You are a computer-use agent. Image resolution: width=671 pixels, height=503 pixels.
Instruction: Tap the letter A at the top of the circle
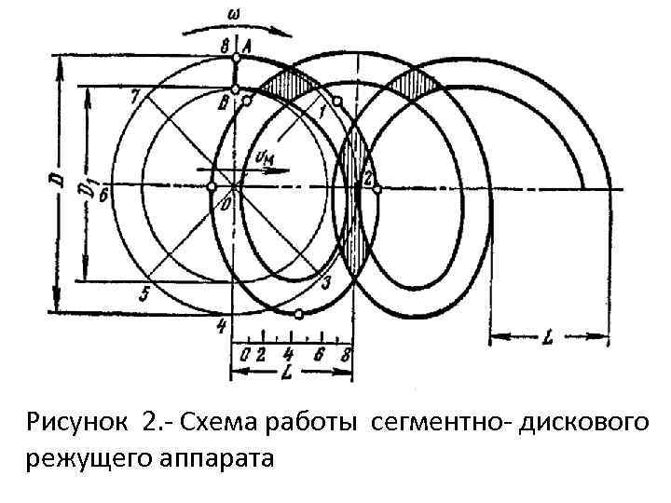coord(247,44)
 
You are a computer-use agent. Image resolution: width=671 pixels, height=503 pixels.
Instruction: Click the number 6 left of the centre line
coord(105,197)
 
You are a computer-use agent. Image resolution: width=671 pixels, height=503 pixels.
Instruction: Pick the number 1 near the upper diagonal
coord(322,112)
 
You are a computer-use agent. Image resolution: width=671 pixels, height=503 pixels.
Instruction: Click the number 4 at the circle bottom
coord(221,326)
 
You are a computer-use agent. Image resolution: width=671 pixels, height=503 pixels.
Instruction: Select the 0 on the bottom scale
coord(245,353)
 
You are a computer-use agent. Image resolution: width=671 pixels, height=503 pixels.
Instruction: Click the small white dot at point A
coord(236,57)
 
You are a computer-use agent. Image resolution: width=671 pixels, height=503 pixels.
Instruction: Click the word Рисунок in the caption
coord(81,424)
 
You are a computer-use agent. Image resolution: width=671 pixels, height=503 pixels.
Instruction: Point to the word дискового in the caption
coord(573,424)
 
